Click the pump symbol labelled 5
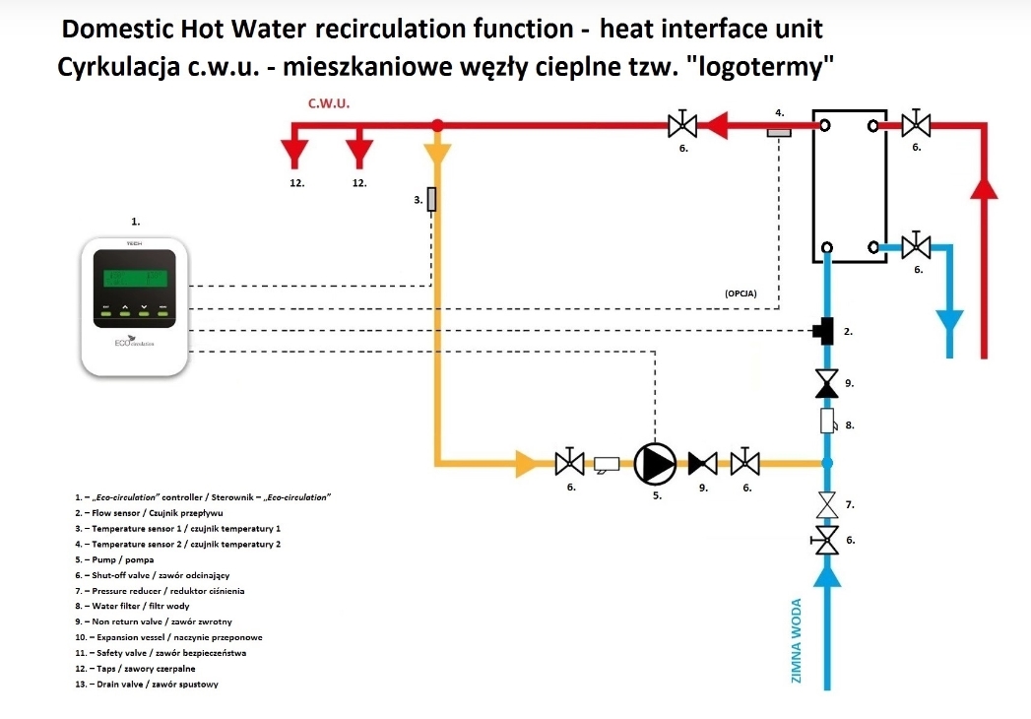655,461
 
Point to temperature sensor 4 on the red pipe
779,131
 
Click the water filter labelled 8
828,423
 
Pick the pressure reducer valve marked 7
828,505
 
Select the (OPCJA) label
740,294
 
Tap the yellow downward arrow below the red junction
438,154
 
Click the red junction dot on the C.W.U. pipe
438,125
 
